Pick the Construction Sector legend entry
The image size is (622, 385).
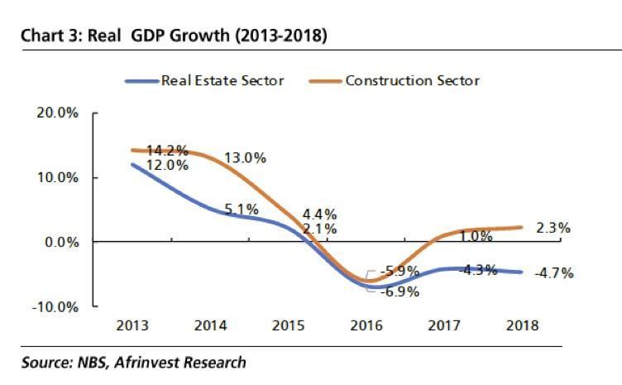412,80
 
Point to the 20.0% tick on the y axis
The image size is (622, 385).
58,113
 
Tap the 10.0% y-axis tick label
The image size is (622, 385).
58,177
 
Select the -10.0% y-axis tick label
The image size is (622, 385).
55,306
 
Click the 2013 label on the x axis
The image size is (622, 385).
133,325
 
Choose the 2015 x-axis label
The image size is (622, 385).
289,325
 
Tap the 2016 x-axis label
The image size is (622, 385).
366,325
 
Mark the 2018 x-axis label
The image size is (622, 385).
522,325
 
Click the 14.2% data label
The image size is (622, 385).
167,152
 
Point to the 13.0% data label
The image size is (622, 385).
246,158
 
